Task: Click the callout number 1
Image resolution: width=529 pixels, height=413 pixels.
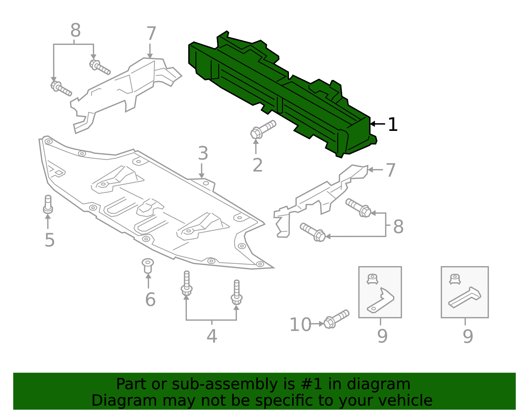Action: tap(392, 125)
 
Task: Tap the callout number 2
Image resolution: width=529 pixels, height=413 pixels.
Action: tap(257, 165)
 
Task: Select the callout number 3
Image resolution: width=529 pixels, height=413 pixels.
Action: tap(203, 154)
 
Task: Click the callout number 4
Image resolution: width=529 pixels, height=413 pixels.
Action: tap(212, 336)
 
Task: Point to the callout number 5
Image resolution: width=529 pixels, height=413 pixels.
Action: tap(49, 240)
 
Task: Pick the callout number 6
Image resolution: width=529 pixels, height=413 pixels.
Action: tap(150, 300)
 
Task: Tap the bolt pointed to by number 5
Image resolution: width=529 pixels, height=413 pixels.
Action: tap(48, 204)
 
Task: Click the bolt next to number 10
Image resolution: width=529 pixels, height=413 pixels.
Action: tap(336, 319)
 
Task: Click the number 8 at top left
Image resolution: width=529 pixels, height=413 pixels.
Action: tap(75, 31)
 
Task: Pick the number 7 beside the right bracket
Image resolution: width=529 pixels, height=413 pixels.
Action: tap(390, 170)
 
